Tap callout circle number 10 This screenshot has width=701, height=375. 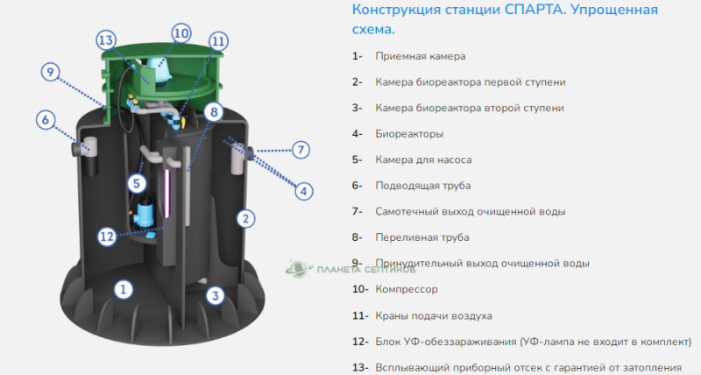point(181,33)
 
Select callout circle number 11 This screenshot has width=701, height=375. point(217,41)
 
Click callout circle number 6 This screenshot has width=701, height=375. point(46,119)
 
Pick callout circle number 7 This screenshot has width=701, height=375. point(301,149)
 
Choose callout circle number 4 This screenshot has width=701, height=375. point(304,190)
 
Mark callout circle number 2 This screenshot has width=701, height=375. point(246,217)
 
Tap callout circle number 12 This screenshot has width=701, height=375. point(107,235)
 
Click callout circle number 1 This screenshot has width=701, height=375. point(124,287)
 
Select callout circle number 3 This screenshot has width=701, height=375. point(215,295)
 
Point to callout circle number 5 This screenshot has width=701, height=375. point(136,183)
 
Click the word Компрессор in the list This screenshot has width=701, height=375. point(406,288)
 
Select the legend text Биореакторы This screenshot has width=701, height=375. point(408,134)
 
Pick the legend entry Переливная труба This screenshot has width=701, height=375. point(422,237)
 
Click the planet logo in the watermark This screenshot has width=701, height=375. point(297,268)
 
